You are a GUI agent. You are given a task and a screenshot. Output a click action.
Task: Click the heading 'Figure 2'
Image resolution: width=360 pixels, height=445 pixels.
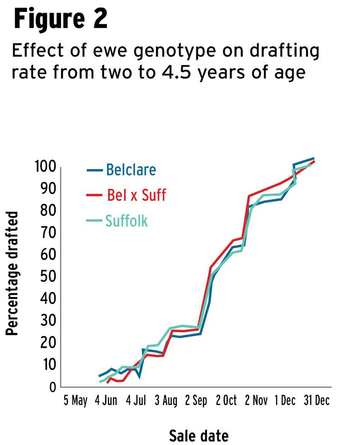point(61,19)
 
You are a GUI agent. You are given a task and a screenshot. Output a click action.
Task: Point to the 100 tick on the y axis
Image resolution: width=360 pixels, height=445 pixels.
point(46,167)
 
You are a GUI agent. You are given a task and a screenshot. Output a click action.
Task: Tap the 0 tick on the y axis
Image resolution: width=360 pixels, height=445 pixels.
point(52,387)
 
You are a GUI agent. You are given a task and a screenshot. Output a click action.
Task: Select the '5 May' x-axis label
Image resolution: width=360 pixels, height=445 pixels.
point(75,401)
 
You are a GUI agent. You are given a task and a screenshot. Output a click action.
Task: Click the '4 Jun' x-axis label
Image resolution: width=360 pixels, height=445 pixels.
point(106,401)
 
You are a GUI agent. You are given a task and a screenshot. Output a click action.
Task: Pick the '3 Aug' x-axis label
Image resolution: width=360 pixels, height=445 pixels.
point(165,401)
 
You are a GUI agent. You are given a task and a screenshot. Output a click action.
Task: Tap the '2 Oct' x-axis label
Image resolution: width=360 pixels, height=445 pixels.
point(226,401)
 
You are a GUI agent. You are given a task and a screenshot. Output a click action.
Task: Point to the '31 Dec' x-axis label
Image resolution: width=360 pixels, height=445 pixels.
point(317,401)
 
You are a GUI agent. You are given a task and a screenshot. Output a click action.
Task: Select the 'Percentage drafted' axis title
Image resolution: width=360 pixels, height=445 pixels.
point(12,273)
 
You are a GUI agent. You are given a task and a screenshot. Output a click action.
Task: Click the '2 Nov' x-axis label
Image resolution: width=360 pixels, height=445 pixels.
point(256,401)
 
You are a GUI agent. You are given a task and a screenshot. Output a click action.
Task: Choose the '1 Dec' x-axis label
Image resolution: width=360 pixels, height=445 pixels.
point(285,401)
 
